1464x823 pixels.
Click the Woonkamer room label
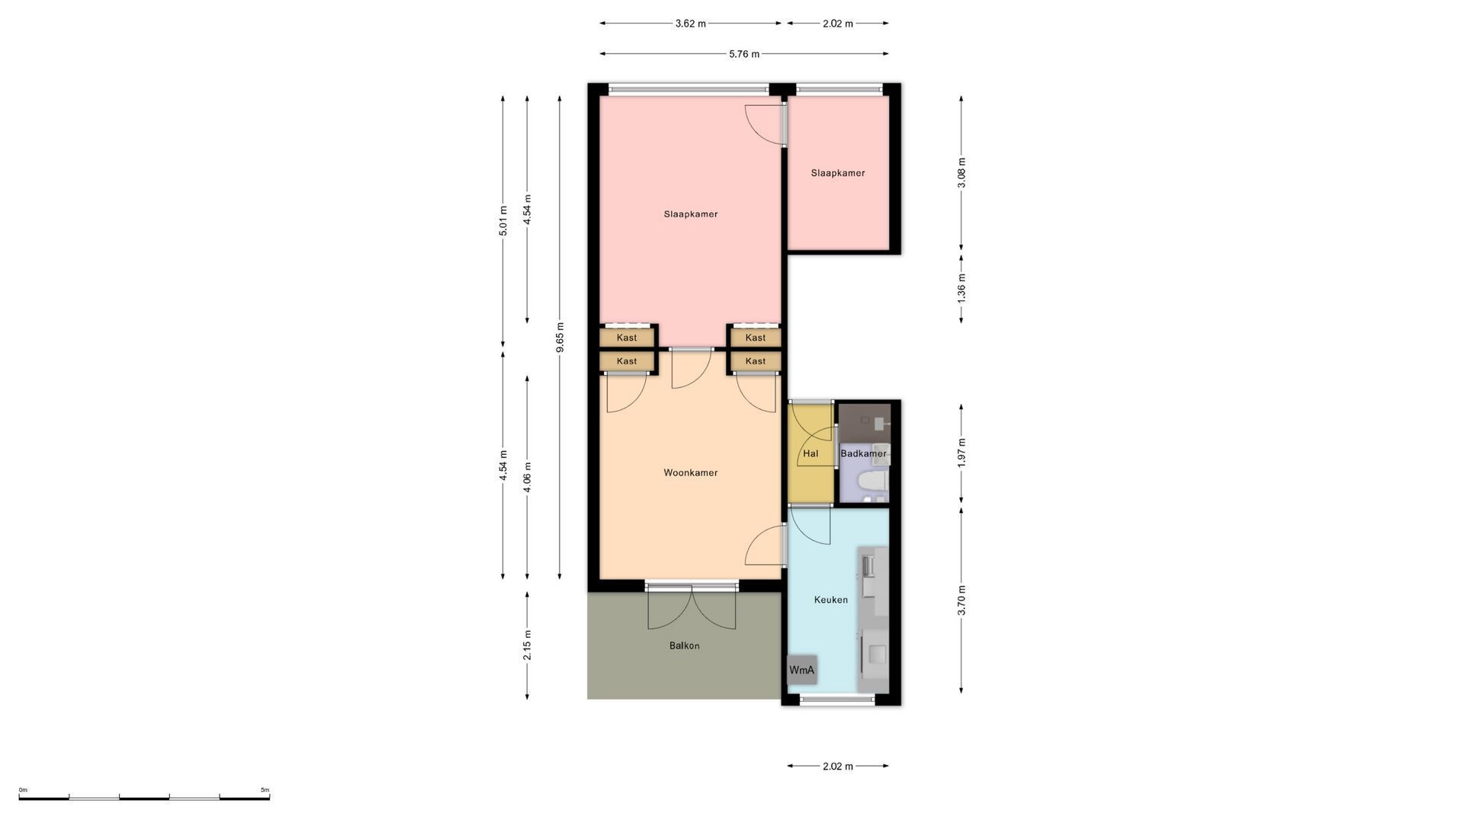690,472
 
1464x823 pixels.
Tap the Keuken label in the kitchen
830,600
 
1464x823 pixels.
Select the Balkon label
684,645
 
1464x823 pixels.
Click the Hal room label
810,453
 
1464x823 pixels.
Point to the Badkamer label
863,453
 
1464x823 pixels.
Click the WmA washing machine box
801,670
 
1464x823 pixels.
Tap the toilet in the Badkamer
871,481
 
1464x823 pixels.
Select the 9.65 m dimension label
560,337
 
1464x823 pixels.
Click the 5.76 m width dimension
744,54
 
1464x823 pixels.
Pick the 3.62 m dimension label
690,24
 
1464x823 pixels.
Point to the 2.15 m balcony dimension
527,645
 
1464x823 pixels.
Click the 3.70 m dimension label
961,600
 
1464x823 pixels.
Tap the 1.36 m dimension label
961,287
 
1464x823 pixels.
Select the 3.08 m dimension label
961,173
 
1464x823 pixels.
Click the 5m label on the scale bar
265,790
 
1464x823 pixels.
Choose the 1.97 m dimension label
961,453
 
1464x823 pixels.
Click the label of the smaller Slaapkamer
837,173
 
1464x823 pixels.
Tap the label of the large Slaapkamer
690,214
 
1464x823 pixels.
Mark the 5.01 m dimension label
502,221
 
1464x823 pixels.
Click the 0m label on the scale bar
23,790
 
